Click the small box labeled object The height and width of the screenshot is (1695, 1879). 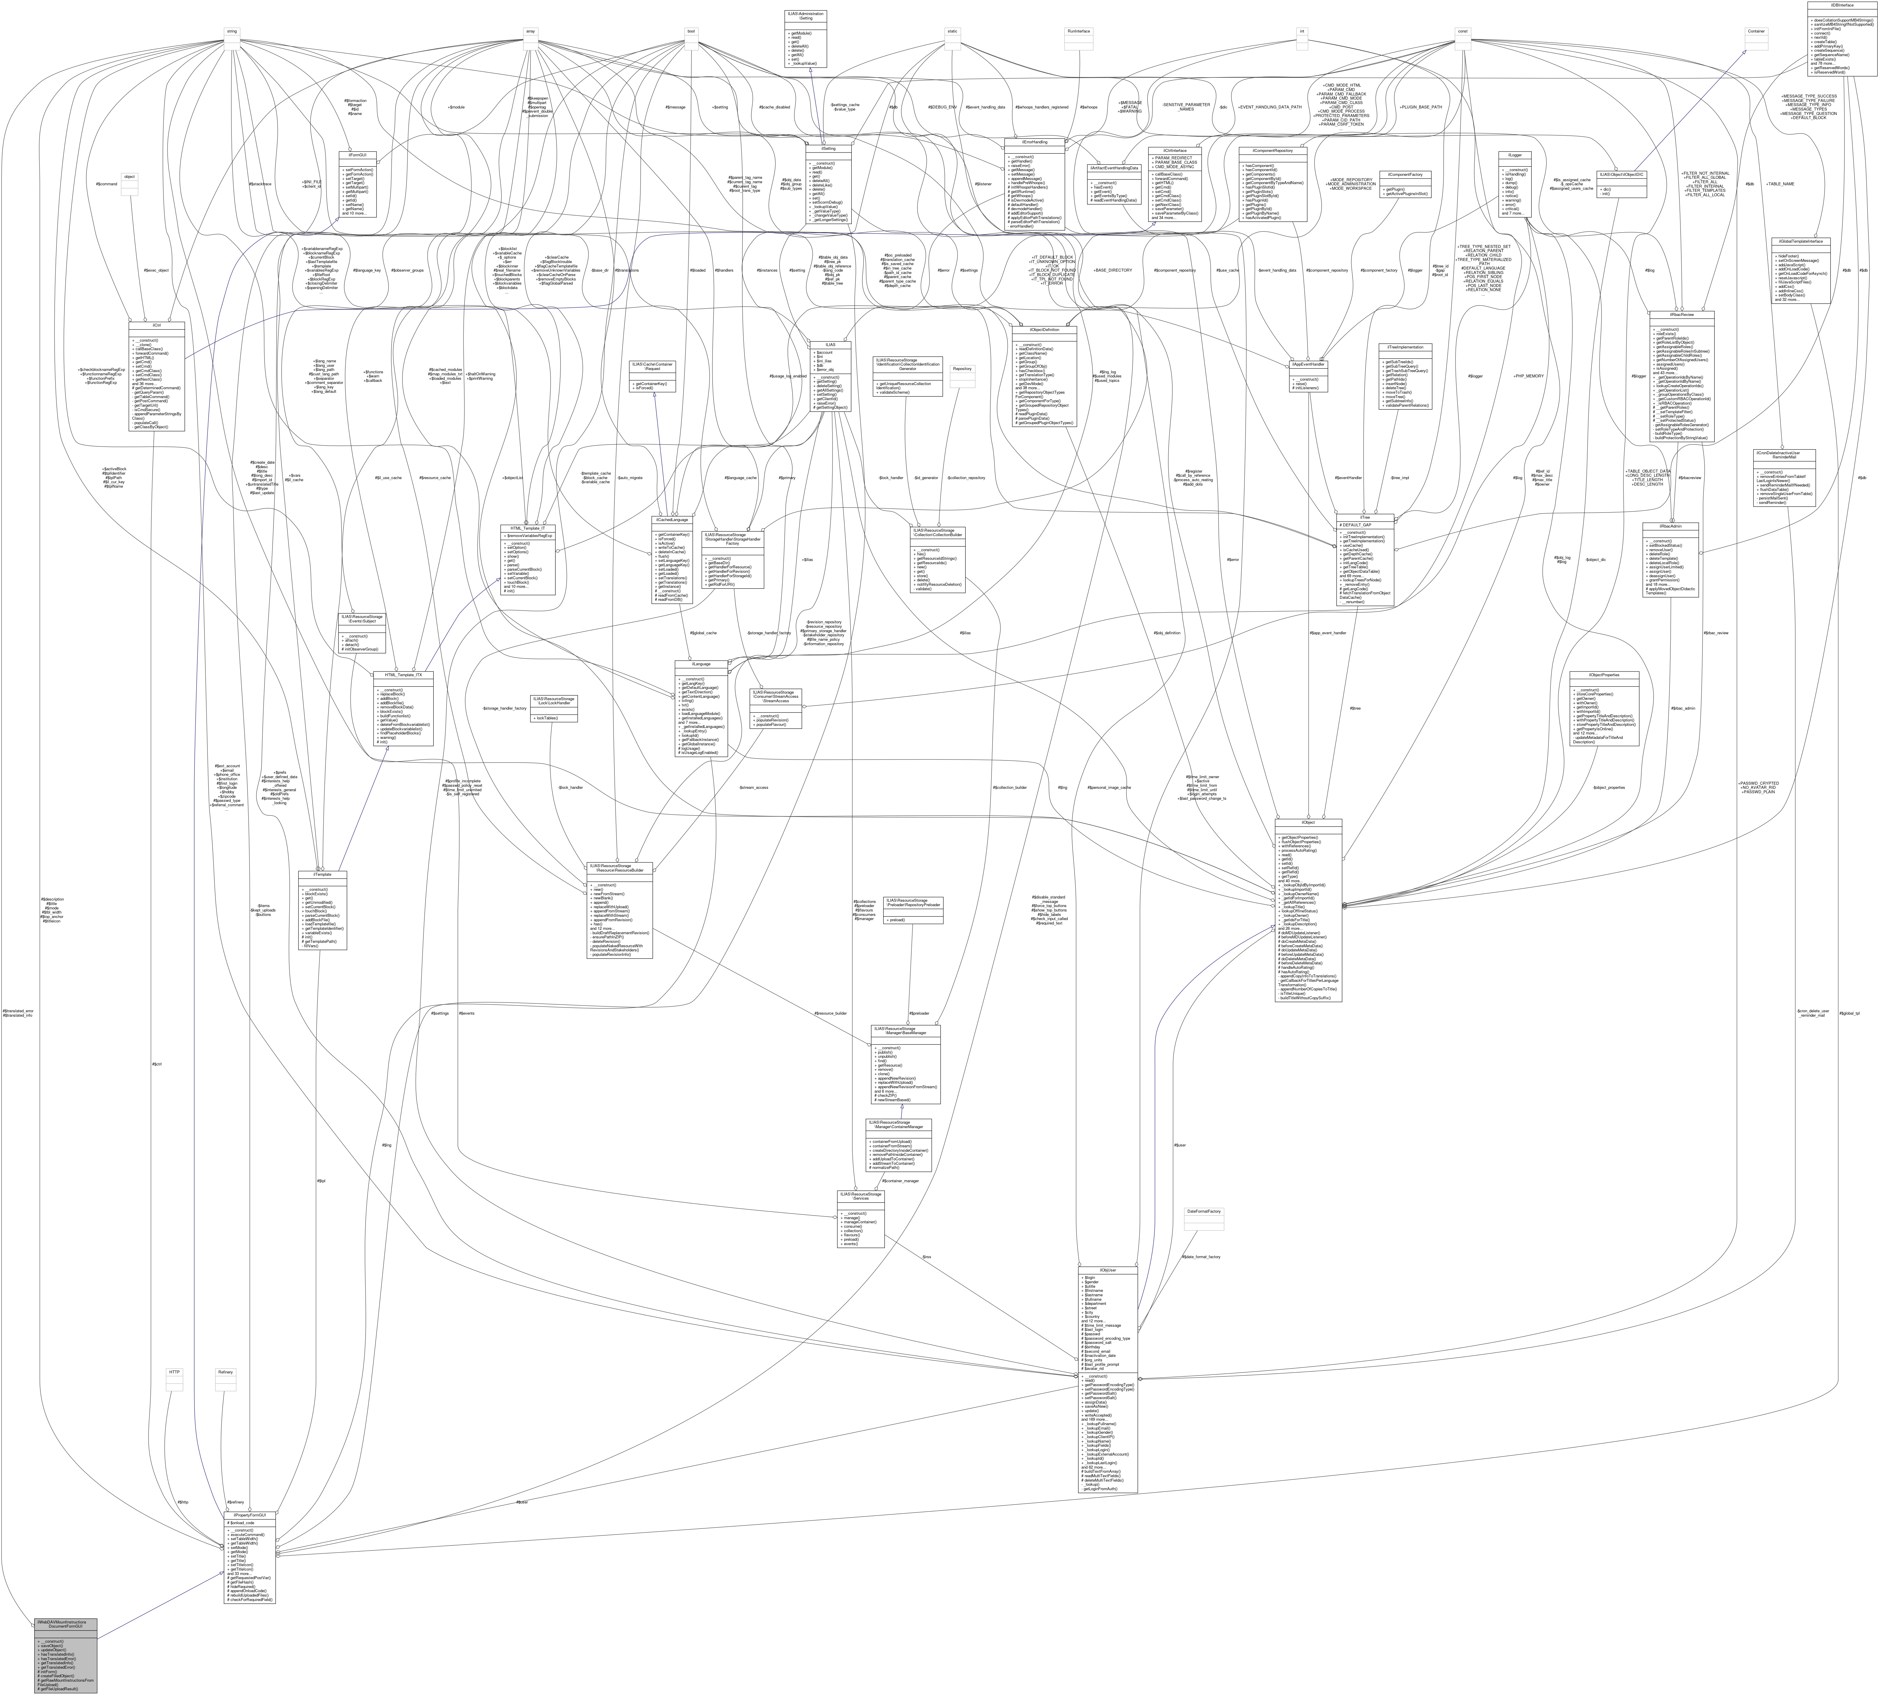129,176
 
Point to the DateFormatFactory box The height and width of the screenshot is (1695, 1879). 1203,1212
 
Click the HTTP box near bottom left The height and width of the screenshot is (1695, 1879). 173,1372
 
